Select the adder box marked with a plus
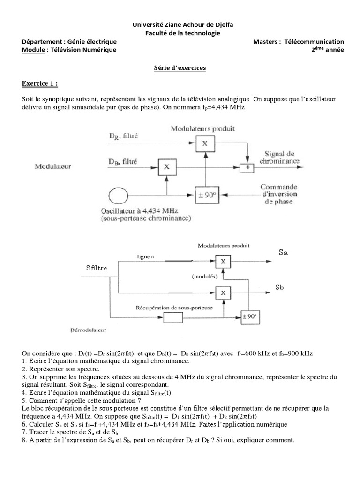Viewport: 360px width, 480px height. tap(247, 167)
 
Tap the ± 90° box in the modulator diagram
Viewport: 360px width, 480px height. tap(207, 195)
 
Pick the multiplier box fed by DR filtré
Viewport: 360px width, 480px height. tap(205, 143)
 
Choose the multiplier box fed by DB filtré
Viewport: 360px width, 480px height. tap(167, 167)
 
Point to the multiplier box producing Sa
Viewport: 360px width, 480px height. tap(223, 262)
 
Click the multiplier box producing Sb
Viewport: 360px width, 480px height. tap(223, 293)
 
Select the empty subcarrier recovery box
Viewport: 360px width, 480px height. tap(173, 317)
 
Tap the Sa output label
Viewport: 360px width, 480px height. tap(283, 253)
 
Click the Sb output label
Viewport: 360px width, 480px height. tap(279, 287)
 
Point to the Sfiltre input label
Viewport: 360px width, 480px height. tap(97, 268)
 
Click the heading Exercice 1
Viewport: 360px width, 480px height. tap(40, 83)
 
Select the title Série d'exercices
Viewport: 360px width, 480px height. tap(180, 68)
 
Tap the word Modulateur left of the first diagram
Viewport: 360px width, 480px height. tap(53, 166)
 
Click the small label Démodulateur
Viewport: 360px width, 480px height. tap(88, 330)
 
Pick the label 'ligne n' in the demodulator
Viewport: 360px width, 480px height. tap(145, 257)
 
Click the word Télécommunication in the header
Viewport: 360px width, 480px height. tap(314, 42)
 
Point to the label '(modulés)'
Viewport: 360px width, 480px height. tap(204, 277)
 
